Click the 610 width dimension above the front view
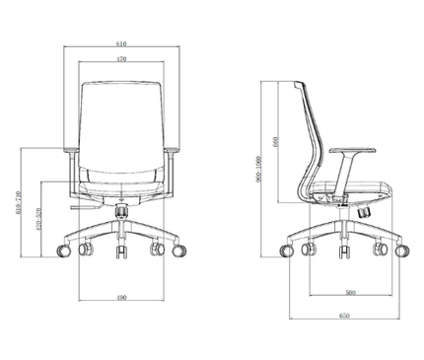coord(120,45)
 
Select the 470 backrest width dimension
coord(120,60)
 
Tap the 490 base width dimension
coord(120,297)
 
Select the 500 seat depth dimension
coord(351,293)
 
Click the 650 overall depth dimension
coord(344,315)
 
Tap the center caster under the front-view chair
coord(120,253)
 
